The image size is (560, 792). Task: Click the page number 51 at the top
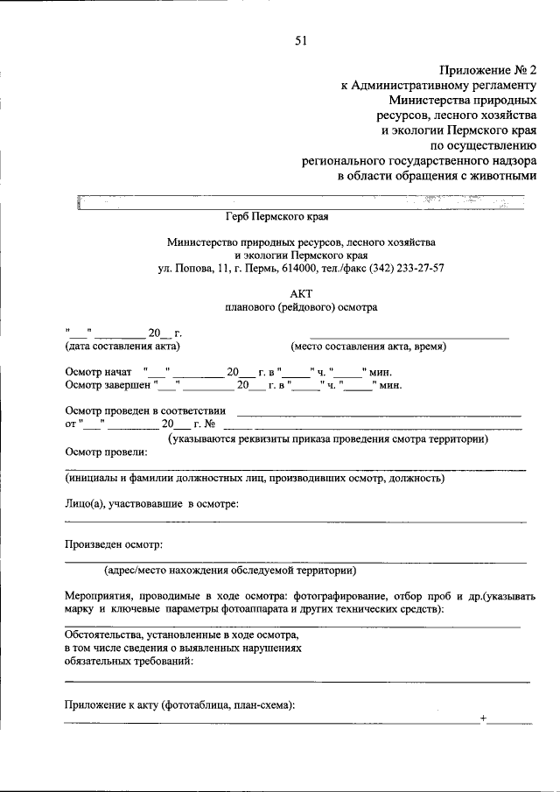coord(301,38)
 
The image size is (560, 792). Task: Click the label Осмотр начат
coord(100,371)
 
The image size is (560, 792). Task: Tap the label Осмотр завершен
coord(108,384)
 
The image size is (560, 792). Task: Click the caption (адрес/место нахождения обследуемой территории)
coord(229,570)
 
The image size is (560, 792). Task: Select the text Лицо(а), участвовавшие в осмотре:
coord(152,503)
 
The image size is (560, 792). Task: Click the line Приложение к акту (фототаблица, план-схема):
coord(180,705)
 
